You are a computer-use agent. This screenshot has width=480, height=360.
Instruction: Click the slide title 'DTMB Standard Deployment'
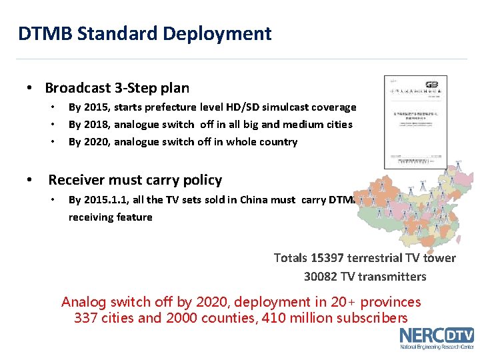pyautogui.click(x=145, y=33)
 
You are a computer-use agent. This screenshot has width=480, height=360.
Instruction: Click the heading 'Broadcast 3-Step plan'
pyautogui.click(x=117, y=88)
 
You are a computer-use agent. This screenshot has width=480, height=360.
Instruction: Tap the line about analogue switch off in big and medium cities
pyautogui.click(x=210, y=125)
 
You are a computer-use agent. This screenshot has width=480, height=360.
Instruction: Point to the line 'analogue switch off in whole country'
pyautogui.click(x=205, y=142)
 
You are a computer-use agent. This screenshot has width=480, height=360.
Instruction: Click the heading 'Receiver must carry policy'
pyautogui.click(x=135, y=180)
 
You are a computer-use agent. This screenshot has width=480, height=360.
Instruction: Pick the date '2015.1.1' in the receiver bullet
pyautogui.click(x=105, y=200)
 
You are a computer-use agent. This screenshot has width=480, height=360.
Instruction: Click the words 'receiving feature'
pyautogui.click(x=110, y=217)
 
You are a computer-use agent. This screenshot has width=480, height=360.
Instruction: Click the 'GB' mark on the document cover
pyautogui.click(x=431, y=85)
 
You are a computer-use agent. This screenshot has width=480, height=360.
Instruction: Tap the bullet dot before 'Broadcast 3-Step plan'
pyautogui.click(x=29, y=89)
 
